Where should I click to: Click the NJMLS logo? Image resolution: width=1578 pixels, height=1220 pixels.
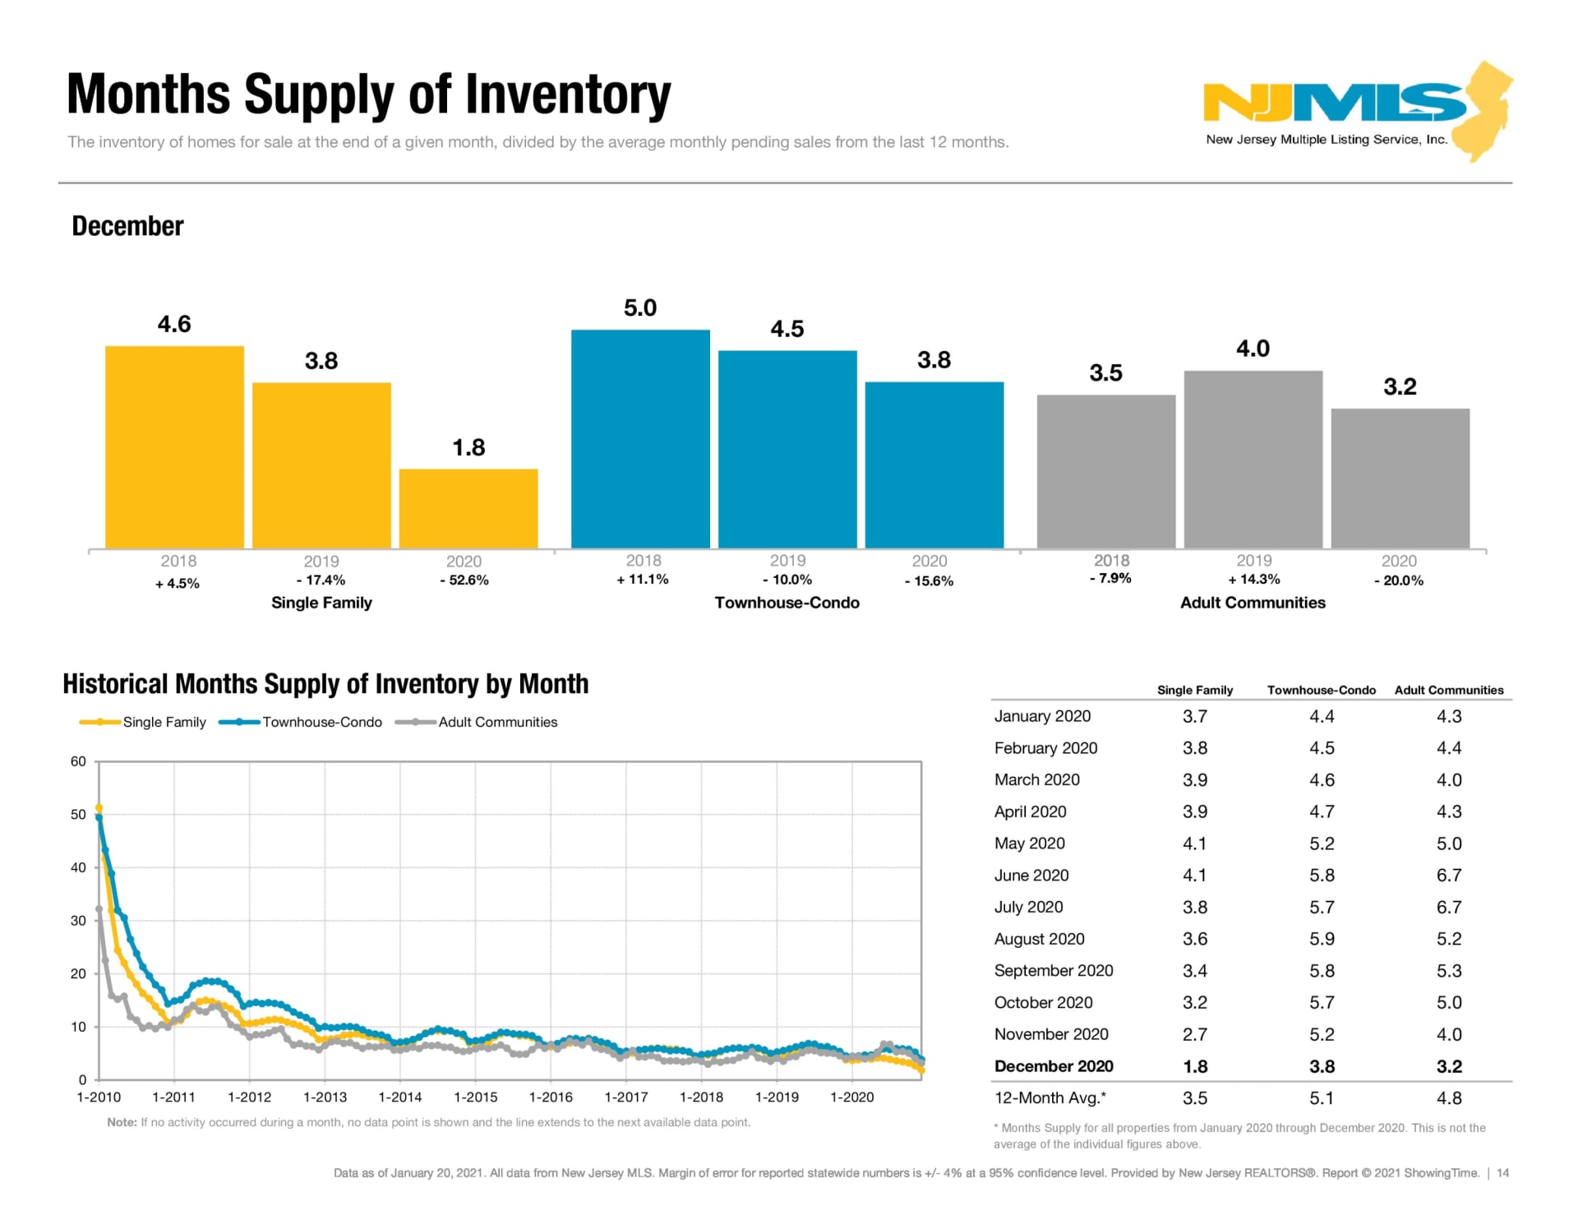click(x=1356, y=111)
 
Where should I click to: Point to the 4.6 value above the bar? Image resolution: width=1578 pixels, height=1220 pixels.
click(x=174, y=324)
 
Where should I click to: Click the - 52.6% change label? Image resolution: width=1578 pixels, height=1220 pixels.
click(x=464, y=580)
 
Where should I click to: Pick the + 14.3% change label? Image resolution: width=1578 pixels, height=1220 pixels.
click(x=1254, y=580)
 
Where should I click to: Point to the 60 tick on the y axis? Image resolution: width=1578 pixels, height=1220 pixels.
click(x=78, y=761)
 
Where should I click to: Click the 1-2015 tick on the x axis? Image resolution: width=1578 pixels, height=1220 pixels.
click(x=476, y=1098)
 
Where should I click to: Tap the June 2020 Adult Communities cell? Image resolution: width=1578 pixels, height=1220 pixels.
click(x=1448, y=876)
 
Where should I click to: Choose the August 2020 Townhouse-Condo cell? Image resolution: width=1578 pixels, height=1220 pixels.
click(x=1322, y=939)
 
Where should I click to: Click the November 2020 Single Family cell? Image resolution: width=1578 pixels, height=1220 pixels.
click(x=1195, y=1034)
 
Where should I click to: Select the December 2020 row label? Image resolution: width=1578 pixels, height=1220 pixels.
click(x=1054, y=1066)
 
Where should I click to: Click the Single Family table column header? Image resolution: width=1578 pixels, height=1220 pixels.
click(x=1195, y=691)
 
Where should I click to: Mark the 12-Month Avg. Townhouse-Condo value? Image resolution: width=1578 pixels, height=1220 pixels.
click(x=1322, y=1098)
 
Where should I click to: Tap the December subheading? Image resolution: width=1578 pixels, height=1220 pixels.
click(x=127, y=226)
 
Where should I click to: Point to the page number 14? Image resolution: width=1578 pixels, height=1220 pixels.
click(x=1502, y=1173)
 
